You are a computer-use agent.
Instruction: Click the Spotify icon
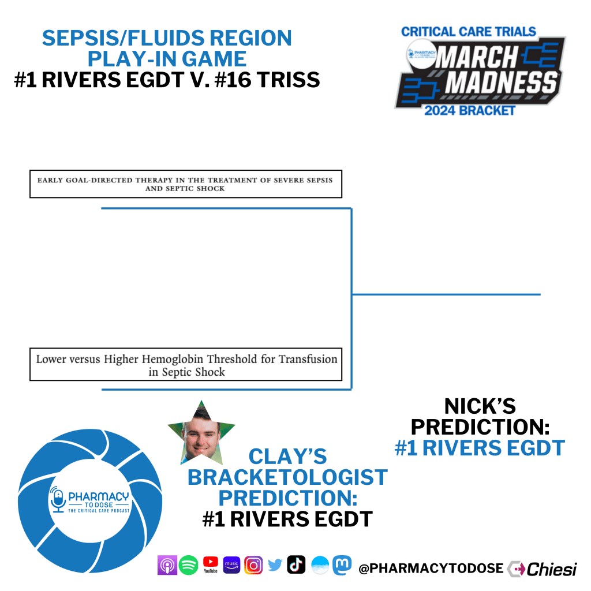coord(189,566)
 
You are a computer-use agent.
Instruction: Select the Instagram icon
coord(253,566)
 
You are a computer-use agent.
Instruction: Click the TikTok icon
coord(296,564)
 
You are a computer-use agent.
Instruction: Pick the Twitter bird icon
coord(275,566)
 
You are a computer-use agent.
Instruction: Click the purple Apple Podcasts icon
coord(167,566)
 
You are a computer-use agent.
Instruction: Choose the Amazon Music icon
coord(231,566)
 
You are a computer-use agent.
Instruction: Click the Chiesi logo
coord(543,568)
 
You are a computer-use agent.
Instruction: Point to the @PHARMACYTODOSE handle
coord(431,568)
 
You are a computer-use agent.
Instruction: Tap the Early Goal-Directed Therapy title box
coord(185,184)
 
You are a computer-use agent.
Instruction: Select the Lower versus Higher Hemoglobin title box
coord(186,365)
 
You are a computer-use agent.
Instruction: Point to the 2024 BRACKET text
coord(469,110)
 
